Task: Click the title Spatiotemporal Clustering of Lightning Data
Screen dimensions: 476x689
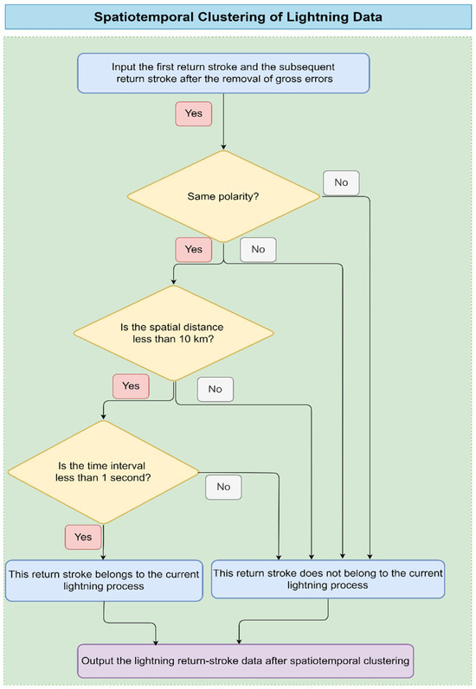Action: click(238, 17)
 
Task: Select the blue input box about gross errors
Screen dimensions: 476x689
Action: click(223, 73)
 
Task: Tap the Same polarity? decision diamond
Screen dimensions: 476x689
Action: click(223, 196)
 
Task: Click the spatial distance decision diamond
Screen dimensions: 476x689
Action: click(174, 333)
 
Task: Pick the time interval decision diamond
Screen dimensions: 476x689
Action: click(103, 472)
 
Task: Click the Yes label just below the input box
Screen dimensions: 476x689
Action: click(194, 114)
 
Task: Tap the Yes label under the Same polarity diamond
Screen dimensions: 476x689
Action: click(194, 250)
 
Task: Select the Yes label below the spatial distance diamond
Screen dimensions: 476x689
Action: click(131, 386)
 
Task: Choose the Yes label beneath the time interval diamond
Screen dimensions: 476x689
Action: click(83, 537)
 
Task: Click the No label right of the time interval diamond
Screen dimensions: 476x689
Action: click(223, 487)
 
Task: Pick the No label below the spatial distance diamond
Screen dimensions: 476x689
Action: click(215, 389)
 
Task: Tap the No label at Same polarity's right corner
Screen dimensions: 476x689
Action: click(341, 182)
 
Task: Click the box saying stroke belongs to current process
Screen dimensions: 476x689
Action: click(104, 580)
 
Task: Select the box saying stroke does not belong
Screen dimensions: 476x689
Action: click(328, 579)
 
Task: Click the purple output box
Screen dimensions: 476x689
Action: click(246, 660)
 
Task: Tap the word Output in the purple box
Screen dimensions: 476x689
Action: click(96, 660)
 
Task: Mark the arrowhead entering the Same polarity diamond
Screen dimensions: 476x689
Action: click(223, 147)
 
